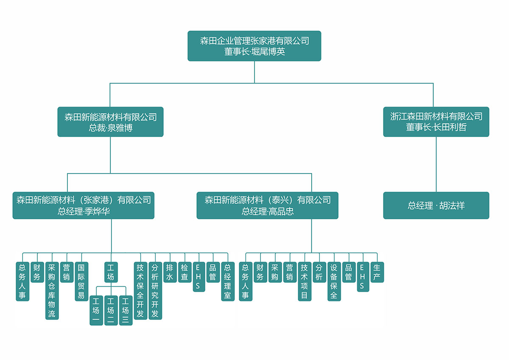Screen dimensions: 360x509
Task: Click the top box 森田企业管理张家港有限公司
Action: point(254,46)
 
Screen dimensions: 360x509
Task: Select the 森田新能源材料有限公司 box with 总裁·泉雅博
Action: point(110,122)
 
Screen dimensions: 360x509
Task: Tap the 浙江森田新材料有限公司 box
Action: point(436,122)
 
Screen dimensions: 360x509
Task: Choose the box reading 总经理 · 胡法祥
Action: point(436,206)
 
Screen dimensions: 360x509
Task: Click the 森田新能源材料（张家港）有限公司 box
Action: point(84,205)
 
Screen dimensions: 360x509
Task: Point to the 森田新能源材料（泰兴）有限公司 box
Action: point(267,205)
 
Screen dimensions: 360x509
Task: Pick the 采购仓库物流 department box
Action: point(52,290)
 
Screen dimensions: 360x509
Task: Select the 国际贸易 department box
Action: point(81,281)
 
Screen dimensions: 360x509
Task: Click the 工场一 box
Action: point(96,310)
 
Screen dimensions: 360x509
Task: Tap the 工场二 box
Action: point(111,310)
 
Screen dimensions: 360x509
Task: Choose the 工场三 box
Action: point(126,310)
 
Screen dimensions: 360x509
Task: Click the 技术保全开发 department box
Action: point(140,290)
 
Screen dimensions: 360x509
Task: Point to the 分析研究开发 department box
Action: point(155,290)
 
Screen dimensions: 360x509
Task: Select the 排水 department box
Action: point(170,272)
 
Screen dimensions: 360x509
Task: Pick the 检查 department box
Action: point(185,272)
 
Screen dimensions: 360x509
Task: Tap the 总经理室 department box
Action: point(228,281)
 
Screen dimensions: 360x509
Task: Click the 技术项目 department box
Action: point(304,281)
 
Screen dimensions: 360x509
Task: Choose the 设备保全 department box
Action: point(334,281)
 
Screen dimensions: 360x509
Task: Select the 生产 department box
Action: point(377,272)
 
